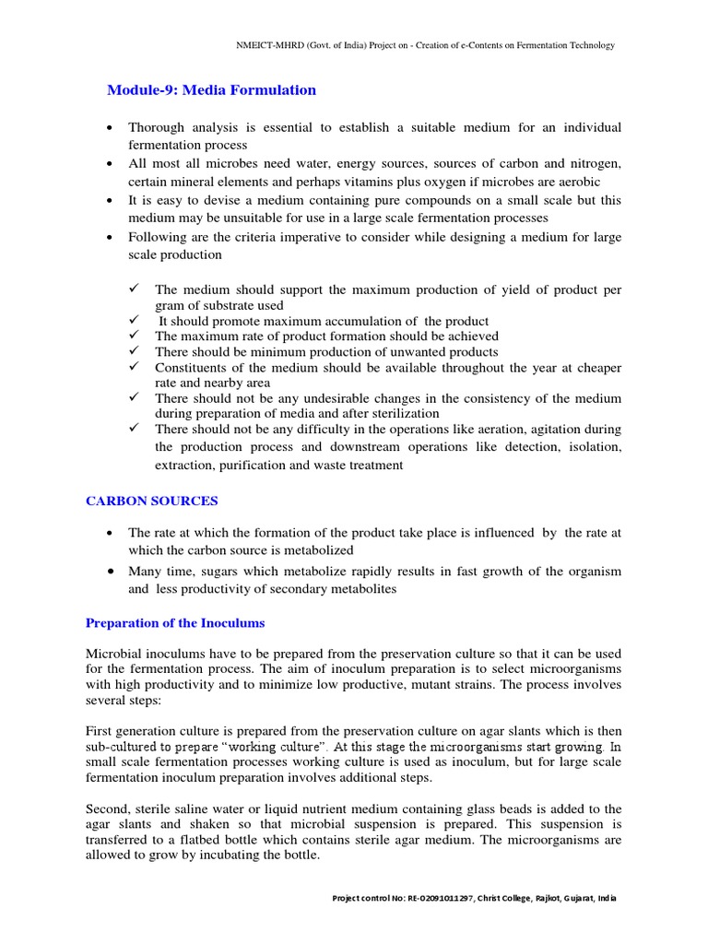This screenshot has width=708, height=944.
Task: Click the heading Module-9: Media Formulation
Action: point(211,90)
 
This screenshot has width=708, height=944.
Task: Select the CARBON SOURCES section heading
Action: point(152,501)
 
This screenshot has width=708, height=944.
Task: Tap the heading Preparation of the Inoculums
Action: point(175,622)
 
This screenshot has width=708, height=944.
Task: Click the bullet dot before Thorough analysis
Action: point(111,127)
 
